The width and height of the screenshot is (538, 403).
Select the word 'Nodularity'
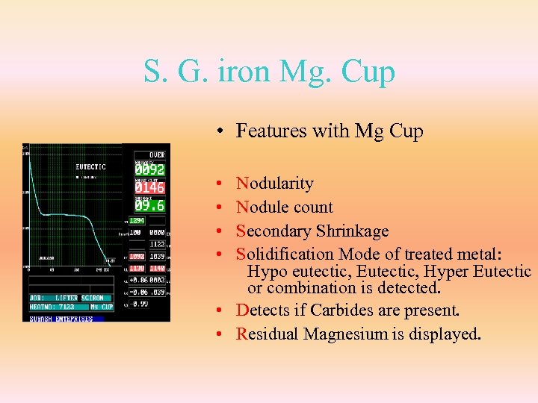pos(274,183)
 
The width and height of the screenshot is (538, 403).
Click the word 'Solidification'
pos(284,254)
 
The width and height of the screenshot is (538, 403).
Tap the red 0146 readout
pos(149,187)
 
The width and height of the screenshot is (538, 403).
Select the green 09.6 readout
pos(149,204)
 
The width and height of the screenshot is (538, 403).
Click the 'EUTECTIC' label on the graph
pos(90,167)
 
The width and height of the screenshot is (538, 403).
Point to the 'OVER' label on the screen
pos(156,154)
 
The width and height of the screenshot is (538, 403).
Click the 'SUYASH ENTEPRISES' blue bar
pos(61,319)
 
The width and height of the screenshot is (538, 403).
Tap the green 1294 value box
pos(137,221)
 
